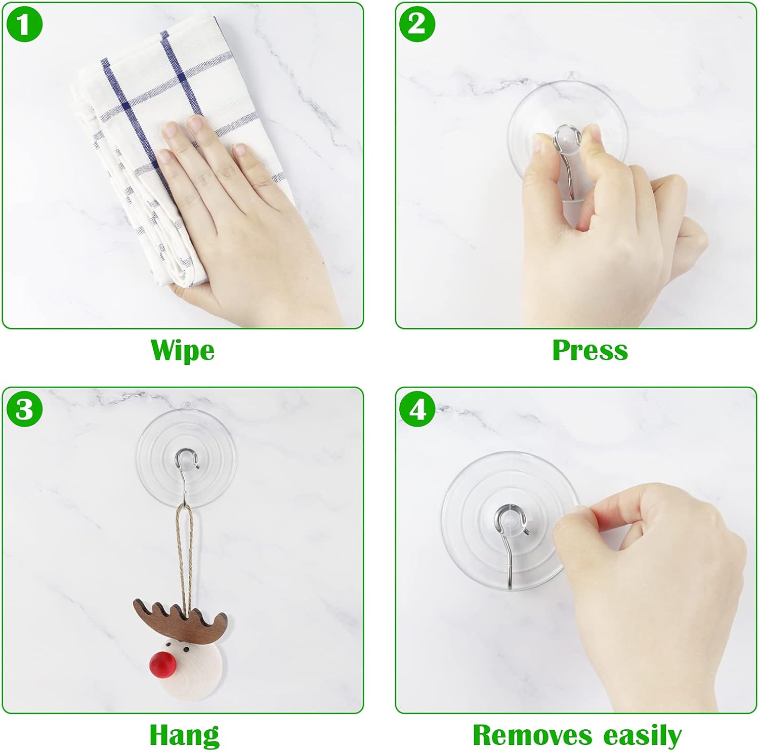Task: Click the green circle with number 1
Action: click(x=24, y=24)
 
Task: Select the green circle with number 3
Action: click(x=24, y=409)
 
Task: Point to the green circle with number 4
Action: click(x=417, y=409)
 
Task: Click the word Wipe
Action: click(x=182, y=350)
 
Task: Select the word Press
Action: click(x=589, y=350)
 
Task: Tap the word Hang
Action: click(x=184, y=735)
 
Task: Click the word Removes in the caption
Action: click(x=532, y=735)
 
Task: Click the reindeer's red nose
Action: click(x=163, y=664)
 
